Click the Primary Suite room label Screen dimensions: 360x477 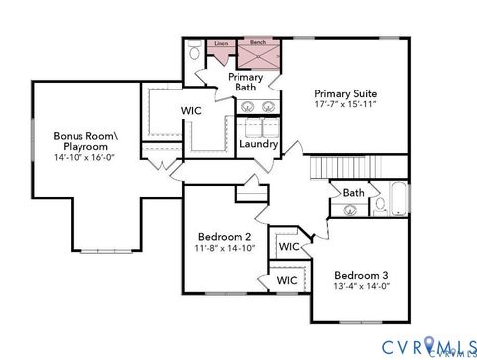pos(346,93)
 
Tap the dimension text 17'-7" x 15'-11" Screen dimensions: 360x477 pos(346,105)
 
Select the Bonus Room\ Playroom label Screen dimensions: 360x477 pos(83,140)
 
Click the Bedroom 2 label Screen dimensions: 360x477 pos(225,237)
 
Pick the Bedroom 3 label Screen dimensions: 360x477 pos(361,274)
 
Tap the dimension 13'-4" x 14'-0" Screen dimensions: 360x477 pos(361,286)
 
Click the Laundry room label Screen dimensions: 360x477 pos(259,144)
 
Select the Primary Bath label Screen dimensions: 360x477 pos(244,82)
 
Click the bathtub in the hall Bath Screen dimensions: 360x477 pos(397,199)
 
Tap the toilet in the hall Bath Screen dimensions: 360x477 pos(379,204)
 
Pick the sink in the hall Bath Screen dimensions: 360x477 pos(350,210)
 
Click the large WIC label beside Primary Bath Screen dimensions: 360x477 pos(192,111)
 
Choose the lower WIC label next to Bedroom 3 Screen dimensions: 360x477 pos(287,280)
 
